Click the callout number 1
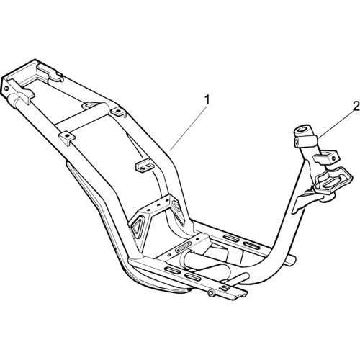[207, 100]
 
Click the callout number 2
[356, 106]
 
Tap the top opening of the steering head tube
[303, 130]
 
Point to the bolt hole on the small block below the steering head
[333, 158]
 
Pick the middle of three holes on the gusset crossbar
[158, 204]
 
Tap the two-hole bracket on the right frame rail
[144, 166]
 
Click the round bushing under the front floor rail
[211, 293]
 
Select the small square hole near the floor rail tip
[225, 288]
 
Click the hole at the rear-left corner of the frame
[6, 89]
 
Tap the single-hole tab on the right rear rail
[118, 112]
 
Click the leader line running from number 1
[188, 128]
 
